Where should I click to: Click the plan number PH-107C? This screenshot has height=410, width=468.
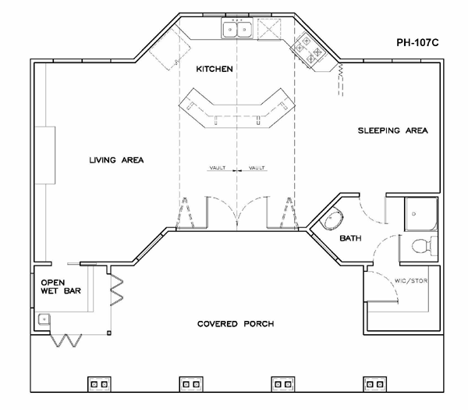(417, 43)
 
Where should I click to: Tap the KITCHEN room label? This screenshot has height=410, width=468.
(214, 69)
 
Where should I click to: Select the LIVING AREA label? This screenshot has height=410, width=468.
(116, 160)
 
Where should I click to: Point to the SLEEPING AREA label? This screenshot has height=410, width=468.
(393, 130)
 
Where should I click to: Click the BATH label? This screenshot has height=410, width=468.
(350, 238)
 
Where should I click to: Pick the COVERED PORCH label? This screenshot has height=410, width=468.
(236, 324)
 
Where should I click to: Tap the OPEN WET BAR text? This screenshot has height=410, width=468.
(61, 287)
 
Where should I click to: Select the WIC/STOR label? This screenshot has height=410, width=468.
(411, 281)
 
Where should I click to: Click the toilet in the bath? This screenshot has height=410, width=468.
(424, 246)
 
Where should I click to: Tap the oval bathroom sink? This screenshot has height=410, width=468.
(331, 218)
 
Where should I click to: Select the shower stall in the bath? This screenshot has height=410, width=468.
(421, 214)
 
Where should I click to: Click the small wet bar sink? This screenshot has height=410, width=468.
(44, 319)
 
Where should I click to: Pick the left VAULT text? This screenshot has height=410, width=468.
(218, 168)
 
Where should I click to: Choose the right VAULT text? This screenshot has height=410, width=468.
(257, 168)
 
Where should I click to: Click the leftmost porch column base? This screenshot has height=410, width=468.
(99, 384)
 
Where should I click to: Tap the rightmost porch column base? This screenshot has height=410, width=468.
(375, 384)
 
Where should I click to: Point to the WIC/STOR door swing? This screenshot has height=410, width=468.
(388, 282)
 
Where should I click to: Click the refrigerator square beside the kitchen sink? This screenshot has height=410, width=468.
(269, 29)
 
